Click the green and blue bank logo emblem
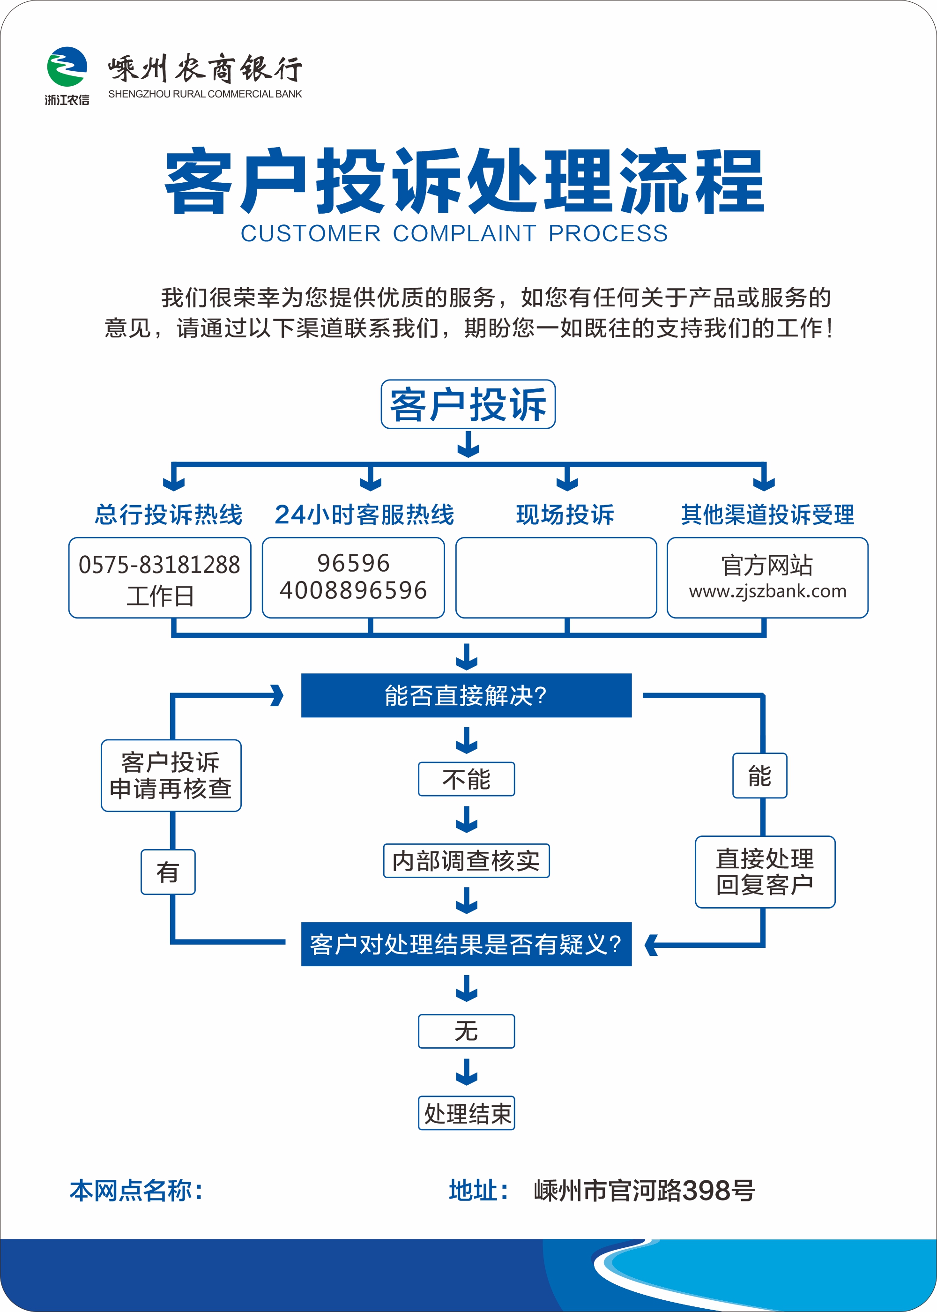coord(67,67)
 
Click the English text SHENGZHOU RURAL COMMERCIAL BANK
coord(205,94)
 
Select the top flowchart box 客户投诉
coord(468,404)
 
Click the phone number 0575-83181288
coord(159,565)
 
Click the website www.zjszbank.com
coord(767,591)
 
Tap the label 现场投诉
coord(565,514)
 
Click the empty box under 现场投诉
coord(556,578)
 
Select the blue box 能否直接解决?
coord(466,695)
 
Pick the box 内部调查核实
coord(466,861)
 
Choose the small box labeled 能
coord(759,776)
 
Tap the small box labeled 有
coord(168,872)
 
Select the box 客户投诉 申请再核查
coord(171,775)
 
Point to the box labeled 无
coord(466,1031)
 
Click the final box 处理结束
coord(466,1113)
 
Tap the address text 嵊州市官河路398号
coord(644,1190)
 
